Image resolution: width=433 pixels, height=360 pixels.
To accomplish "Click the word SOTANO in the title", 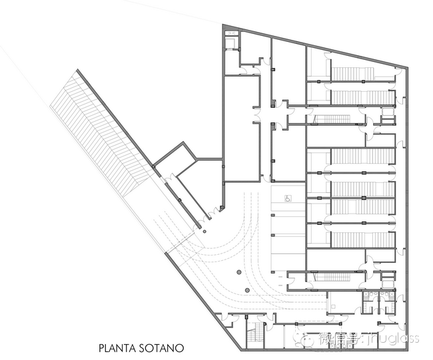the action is click(x=162, y=347).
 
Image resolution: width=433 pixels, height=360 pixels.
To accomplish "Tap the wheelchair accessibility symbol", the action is click(x=289, y=197).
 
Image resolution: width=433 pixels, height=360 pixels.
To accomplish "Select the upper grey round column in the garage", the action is click(x=238, y=271).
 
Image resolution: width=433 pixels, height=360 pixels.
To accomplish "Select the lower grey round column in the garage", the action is click(x=246, y=291).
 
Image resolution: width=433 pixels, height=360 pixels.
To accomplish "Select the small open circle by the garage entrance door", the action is click(x=205, y=232).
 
